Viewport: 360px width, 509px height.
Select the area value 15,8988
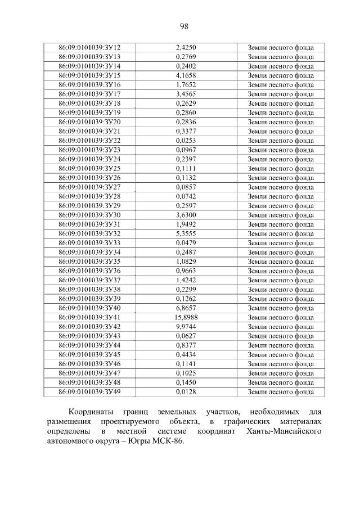186,318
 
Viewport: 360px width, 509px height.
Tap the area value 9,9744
186,327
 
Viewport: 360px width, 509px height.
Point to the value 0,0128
186,392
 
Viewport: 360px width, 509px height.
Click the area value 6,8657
186,308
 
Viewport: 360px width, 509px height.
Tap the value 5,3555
186,233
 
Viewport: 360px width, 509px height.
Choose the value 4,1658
186,75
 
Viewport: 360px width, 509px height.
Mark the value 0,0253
186,141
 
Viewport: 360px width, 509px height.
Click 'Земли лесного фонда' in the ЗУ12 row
281,47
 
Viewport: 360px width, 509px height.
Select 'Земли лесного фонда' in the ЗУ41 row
281,318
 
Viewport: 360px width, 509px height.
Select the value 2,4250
186,47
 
